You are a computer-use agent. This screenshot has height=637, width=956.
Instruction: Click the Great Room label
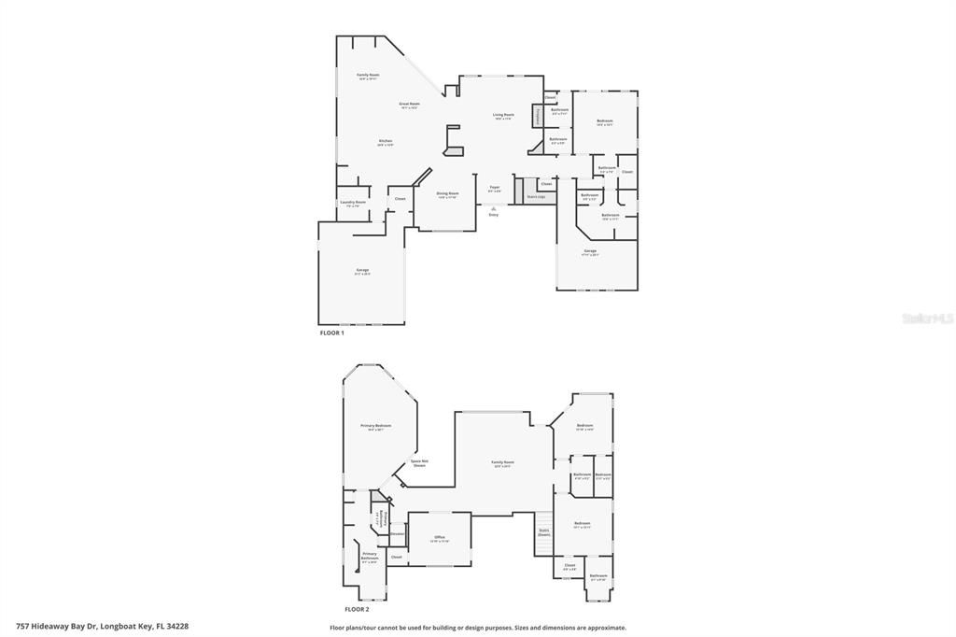409,104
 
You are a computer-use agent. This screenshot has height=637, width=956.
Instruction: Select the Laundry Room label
353,202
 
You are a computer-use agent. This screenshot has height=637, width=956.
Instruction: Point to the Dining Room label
447,193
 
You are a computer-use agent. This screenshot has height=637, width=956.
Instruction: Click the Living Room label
503,115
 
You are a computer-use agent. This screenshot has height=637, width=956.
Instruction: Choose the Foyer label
495,187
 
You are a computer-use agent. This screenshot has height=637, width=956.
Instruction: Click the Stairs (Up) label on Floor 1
536,196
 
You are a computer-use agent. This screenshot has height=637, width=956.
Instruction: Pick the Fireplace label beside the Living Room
538,116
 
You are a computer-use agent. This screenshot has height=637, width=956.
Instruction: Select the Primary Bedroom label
376,425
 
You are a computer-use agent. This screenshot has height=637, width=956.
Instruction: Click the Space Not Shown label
419,462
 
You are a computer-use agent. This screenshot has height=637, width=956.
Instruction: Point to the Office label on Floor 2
440,538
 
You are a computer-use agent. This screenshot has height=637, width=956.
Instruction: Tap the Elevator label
397,534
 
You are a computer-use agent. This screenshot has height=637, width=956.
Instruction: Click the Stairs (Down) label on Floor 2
543,532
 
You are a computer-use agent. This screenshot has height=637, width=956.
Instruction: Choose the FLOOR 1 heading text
332,333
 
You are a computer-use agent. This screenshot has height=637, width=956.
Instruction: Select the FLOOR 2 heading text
357,608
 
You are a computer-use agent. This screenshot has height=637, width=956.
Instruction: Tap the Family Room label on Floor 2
503,462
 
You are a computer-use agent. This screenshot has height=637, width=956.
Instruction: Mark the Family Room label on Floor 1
368,75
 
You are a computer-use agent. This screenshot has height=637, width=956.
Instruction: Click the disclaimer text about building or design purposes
478,628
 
